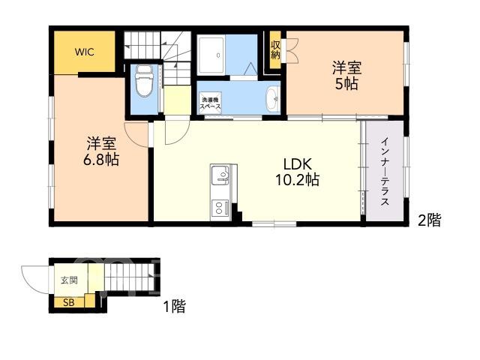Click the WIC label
coord(85,52)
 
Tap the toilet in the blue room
coord(144,81)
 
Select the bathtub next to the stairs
coord(211,55)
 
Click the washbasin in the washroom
coord(273,98)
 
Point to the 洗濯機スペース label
coord(210,103)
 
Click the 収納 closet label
coord(275,50)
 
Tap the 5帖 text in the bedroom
coord(346,83)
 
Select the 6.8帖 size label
coord(101,159)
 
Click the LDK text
coord(298,164)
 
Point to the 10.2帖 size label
coord(298,180)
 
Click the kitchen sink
coord(220,175)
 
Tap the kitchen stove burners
coord(220,208)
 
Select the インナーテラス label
coord(385,172)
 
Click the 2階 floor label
coord(430,220)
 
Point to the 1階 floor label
coord(175,306)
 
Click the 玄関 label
coord(69,280)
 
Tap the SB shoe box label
coord(68,303)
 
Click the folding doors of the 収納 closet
coord(290,50)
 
